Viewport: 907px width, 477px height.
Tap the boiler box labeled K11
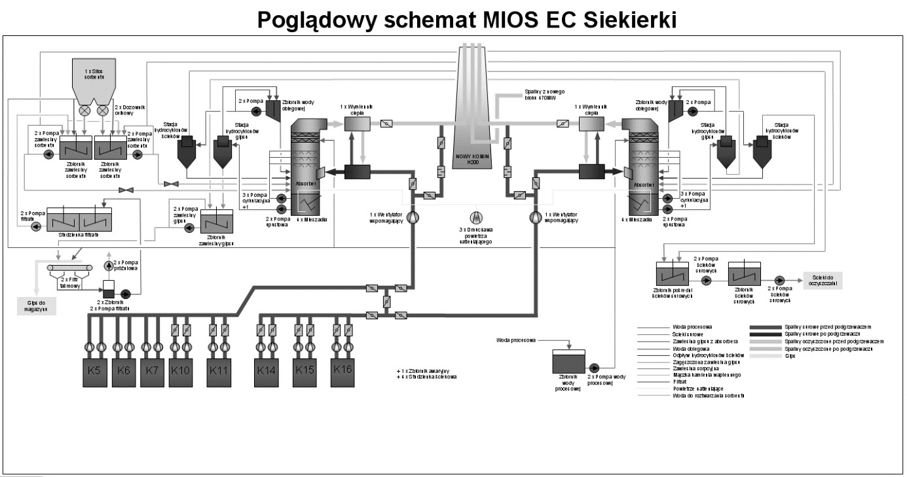tap(219, 370)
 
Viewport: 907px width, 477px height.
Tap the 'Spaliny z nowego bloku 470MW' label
tap(536, 95)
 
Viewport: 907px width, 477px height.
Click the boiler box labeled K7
tap(153, 370)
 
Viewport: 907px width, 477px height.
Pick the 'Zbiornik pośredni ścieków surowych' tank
tap(673, 275)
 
